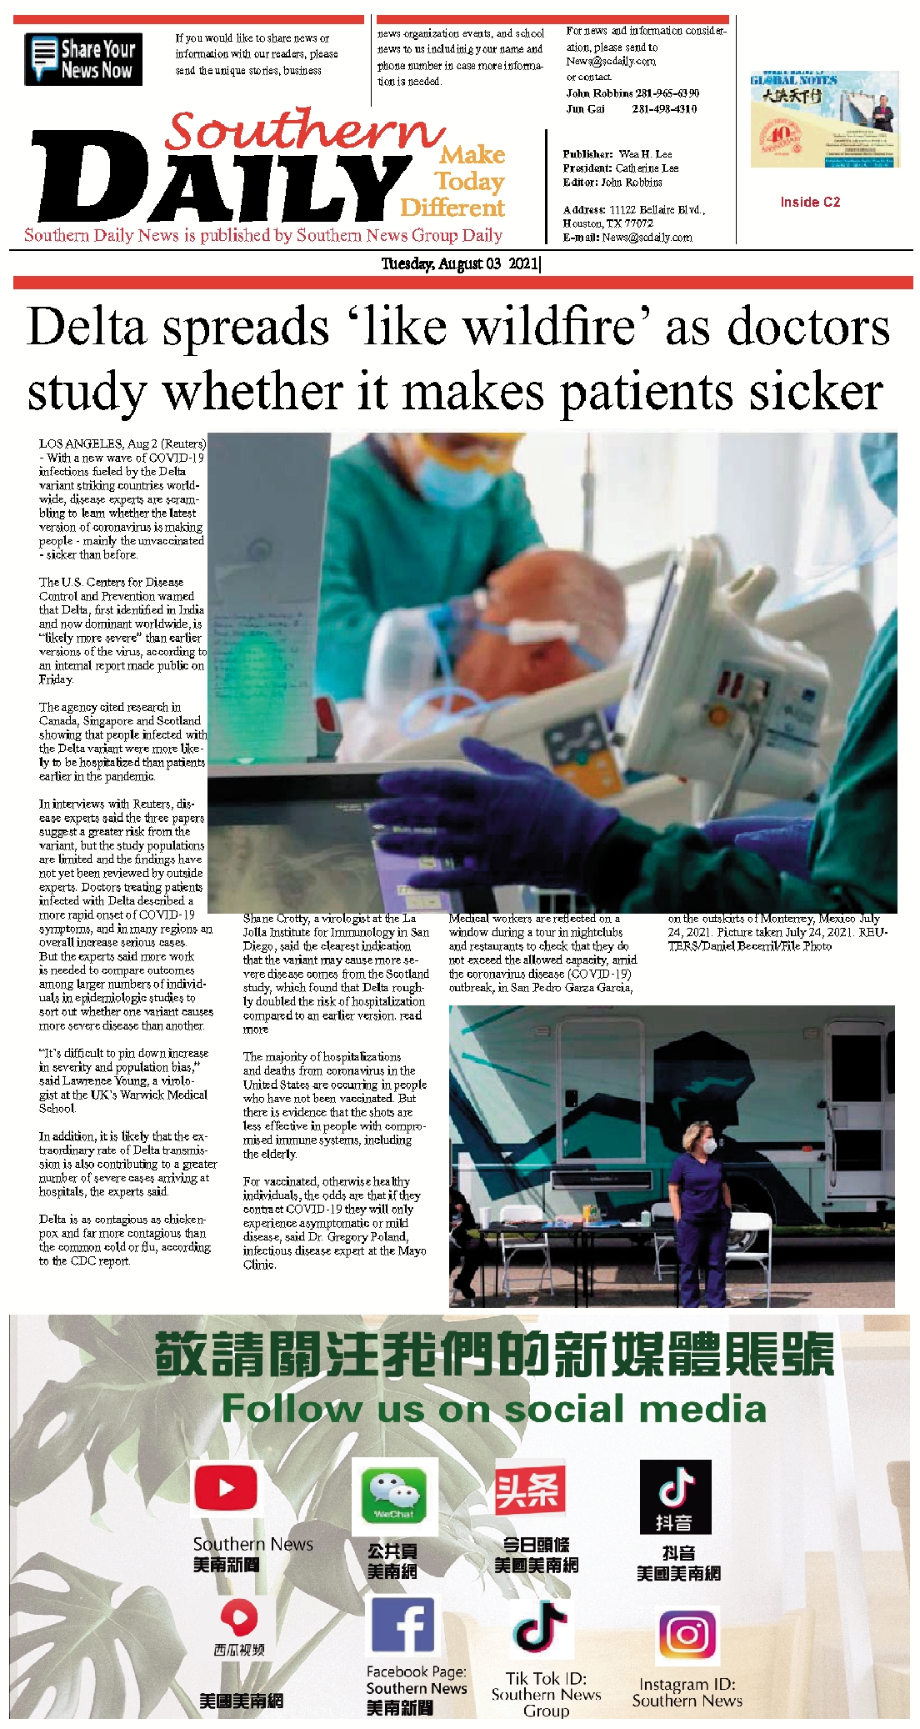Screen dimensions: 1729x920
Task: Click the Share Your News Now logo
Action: (83, 59)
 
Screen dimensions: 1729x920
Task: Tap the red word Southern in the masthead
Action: (303, 132)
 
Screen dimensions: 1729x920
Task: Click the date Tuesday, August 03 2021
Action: (460, 264)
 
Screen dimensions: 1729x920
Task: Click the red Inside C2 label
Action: (810, 202)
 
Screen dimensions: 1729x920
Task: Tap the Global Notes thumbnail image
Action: (824, 119)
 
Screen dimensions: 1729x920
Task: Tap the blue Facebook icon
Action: (402, 1626)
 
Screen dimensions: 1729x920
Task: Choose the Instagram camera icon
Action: (687, 1635)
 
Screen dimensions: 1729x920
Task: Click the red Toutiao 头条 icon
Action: (530, 1490)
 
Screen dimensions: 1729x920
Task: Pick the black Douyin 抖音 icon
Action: (675, 1496)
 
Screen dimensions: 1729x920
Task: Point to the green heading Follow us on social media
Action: (493, 1409)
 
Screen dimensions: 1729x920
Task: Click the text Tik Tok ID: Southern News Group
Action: (546, 1694)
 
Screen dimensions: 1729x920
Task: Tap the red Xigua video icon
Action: (238, 1619)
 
